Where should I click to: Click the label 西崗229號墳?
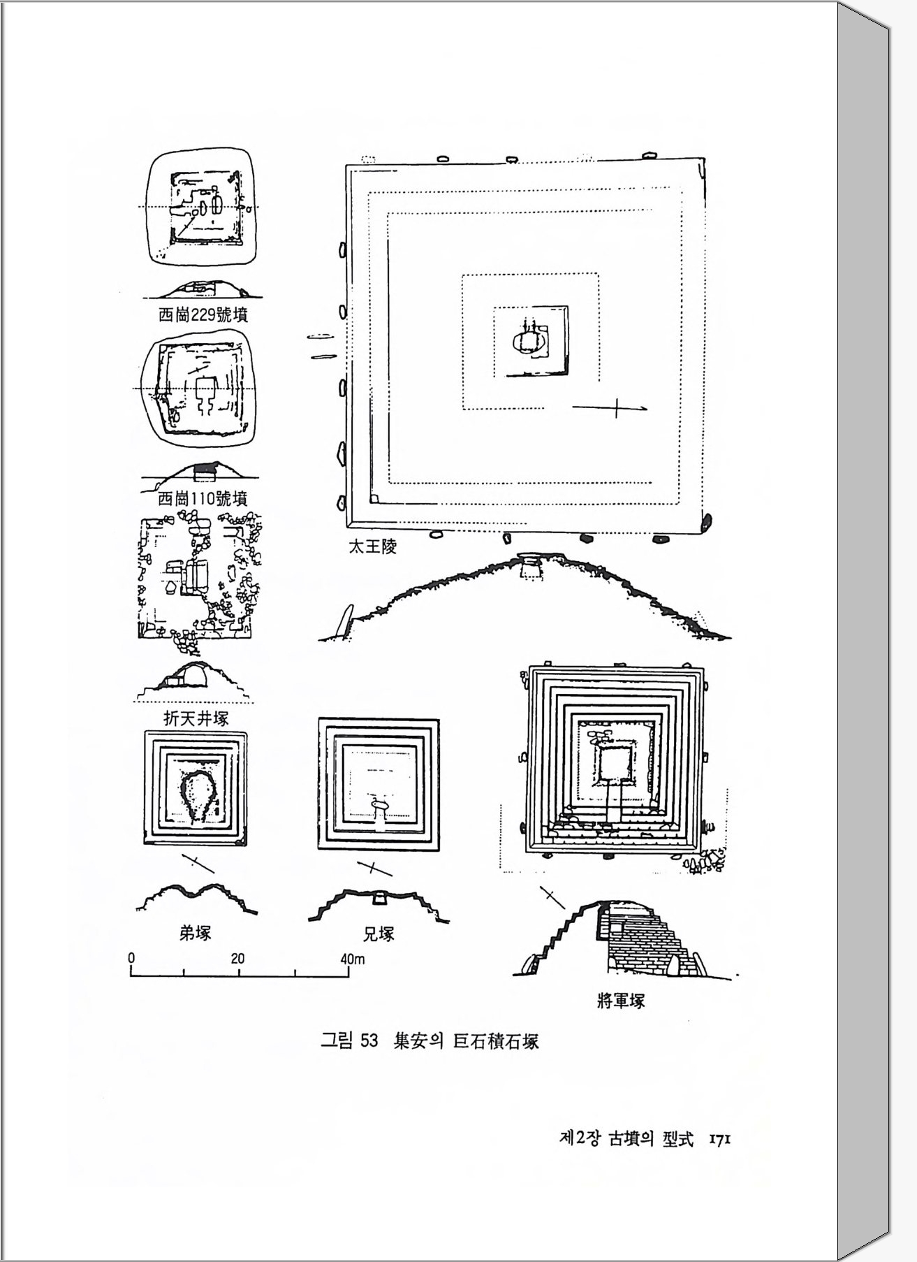tap(203, 315)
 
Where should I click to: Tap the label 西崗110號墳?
tap(203, 498)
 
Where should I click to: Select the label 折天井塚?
tap(196, 718)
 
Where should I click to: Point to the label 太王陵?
tap(372, 547)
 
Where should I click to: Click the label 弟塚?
tap(195, 933)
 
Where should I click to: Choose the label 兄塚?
tap(379, 934)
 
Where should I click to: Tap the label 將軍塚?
tap(621, 1001)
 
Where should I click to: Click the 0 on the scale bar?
tap(131, 958)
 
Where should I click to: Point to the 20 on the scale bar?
tap(237, 959)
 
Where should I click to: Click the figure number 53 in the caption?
tap(368, 1041)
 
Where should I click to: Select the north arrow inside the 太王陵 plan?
tap(610, 407)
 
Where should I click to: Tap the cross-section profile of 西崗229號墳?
tap(202, 288)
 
